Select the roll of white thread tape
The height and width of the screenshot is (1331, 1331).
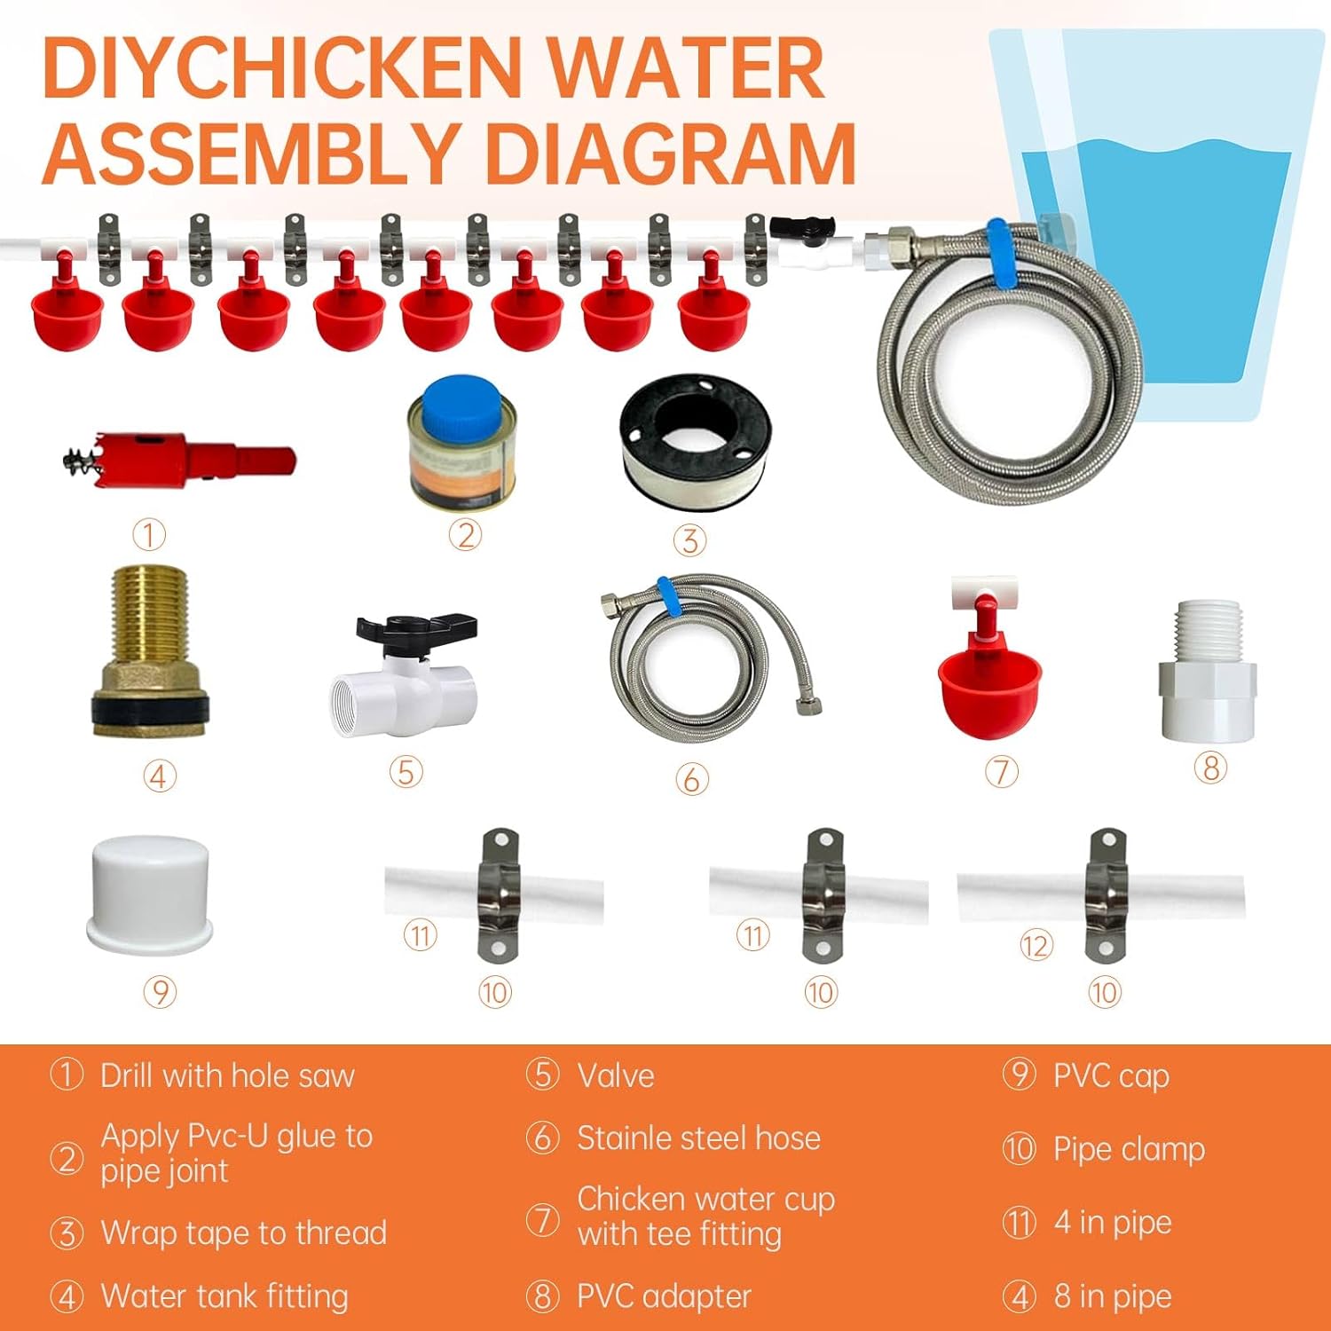click(x=695, y=442)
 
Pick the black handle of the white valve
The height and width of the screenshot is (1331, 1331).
click(x=415, y=630)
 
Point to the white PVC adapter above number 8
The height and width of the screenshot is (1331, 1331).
click(x=1207, y=672)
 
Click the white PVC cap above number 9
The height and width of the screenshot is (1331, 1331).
click(x=151, y=894)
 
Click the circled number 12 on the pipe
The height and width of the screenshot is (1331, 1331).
click(x=1036, y=946)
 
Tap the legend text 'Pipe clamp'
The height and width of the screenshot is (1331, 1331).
click(x=1129, y=1149)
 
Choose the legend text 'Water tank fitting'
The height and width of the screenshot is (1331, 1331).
click(x=224, y=1296)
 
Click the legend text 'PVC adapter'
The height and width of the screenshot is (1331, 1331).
click(x=664, y=1296)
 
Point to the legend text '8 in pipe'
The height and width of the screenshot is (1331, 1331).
click(x=1113, y=1296)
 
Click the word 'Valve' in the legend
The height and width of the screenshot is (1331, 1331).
click(x=616, y=1076)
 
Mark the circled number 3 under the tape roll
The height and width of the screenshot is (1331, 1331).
click(x=689, y=540)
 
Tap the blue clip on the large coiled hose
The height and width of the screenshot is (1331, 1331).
click(x=1002, y=255)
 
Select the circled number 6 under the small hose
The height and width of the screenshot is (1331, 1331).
click(x=691, y=779)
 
